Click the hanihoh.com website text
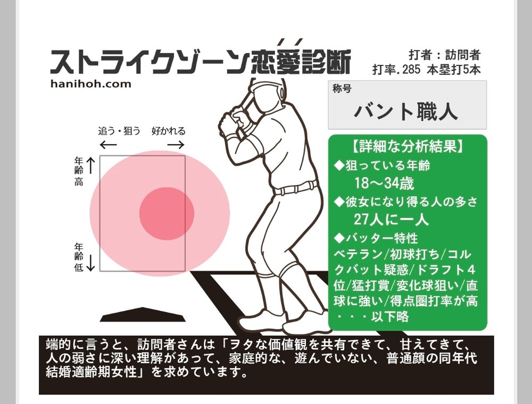click(90, 83)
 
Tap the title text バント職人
click(406, 111)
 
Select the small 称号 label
click(342, 89)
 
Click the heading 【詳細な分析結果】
click(408, 146)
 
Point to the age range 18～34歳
click(384, 183)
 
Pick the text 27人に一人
click(391, 220)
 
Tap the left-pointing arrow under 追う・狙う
click(108, 145)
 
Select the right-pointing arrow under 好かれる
click(176, 145)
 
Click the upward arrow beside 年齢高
click(91, 165)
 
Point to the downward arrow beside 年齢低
click(90, 263)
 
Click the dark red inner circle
click(167, 214)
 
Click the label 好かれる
click(168, 131)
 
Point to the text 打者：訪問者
click(444, 55)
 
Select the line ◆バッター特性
click(376, 238)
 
